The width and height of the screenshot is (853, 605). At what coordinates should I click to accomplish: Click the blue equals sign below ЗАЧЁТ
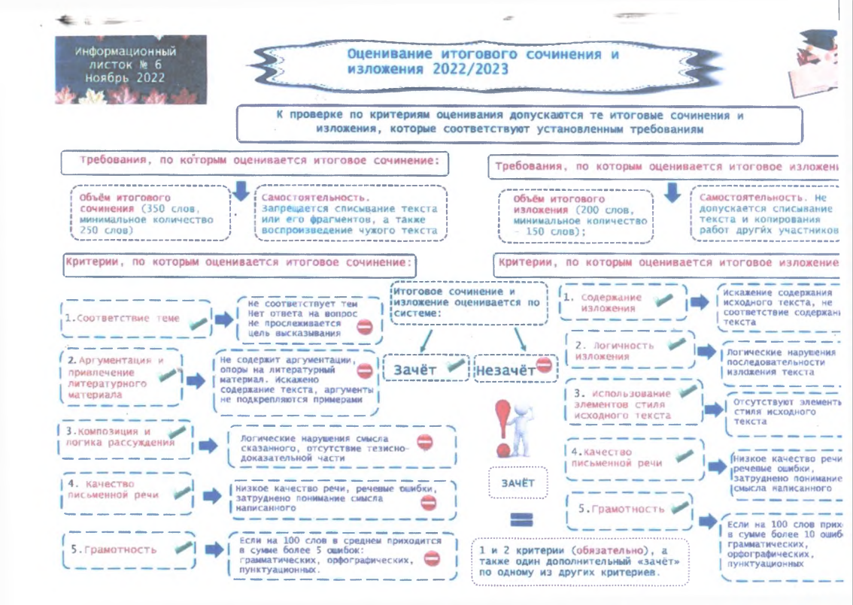(x=521, y=519)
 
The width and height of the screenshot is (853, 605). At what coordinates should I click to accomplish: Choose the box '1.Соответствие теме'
(x=134, y=319)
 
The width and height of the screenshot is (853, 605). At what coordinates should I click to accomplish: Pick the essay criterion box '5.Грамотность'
(x=128, y=549)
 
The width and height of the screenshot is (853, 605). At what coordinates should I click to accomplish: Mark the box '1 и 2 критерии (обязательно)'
(x=579, y=561)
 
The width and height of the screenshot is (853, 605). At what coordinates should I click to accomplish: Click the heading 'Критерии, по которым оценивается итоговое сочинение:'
(x=240, y=263)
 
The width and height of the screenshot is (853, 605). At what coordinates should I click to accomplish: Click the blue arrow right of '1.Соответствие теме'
(x=223, y=319)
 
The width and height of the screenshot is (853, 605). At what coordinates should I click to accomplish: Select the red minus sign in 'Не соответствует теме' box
(x=366, y=327)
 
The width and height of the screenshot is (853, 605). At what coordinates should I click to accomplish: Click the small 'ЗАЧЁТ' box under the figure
(x=518, y=482)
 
